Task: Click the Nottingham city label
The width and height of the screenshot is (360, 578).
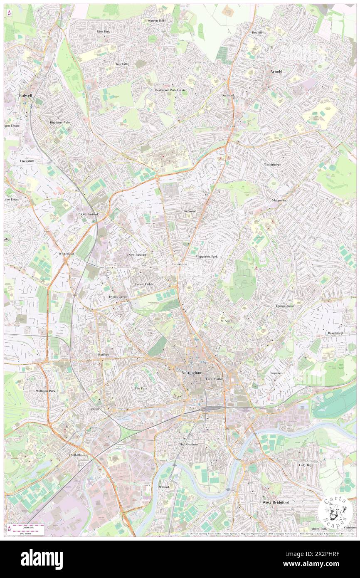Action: tap(192, 373)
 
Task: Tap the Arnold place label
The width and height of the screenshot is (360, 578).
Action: tap(276, 72)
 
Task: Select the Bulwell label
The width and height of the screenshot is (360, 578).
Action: tap(25, 95)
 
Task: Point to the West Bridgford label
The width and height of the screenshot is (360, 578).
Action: tap(276, 502)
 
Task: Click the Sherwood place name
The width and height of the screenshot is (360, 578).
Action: tap(189, 211)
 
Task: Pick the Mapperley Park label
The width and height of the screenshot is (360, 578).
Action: tap(207, 257)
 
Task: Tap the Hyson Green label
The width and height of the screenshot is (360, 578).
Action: tap(118, 297)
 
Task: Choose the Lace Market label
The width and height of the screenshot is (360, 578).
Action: tap(215, 379)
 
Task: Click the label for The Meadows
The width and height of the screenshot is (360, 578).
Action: tap(189, 445)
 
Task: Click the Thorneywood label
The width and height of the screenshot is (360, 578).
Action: tap(285, 306)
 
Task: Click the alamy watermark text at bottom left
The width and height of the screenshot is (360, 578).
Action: tap(42, 559)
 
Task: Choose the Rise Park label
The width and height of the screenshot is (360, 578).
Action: tap(103, 32)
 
